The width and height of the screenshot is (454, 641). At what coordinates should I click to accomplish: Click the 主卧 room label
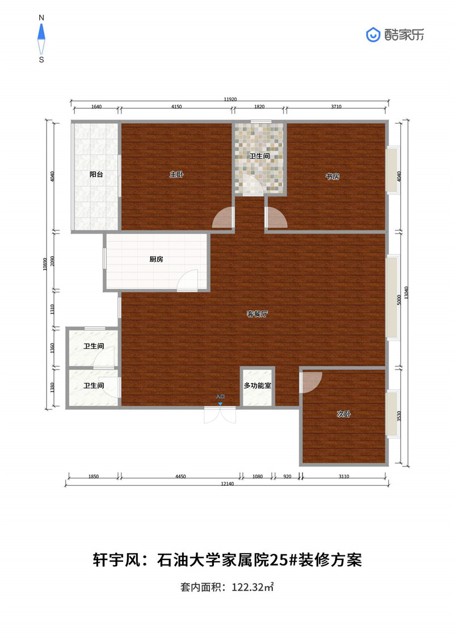tap(176, 175)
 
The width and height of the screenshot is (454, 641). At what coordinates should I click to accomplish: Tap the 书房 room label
tap(333, 177)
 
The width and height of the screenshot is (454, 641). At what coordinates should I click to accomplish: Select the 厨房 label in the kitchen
tap(157, 259)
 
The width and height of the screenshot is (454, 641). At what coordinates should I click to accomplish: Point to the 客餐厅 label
tap(258, 314)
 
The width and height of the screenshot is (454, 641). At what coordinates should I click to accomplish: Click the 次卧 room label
tap(344, 414)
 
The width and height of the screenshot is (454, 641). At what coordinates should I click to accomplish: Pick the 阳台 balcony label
tap(96, 174)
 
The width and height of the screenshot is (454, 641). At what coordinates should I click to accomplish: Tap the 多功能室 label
tap(258, 385)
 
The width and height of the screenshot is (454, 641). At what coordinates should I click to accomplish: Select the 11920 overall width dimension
tap(230, 99)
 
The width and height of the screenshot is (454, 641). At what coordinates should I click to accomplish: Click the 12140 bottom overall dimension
tap(227, 484)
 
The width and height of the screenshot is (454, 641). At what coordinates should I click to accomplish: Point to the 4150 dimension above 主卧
tap(176, 107)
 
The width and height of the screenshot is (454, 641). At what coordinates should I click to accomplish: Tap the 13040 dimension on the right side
tap(406, 292)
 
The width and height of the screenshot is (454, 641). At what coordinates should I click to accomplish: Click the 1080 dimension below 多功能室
tap(258, 477)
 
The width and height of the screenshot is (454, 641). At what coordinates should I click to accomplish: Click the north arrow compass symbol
tap(41, 39)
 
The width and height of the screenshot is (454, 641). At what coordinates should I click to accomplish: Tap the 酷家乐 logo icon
tap(373, 35)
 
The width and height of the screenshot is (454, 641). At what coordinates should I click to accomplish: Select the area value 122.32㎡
tap(253, 588)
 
